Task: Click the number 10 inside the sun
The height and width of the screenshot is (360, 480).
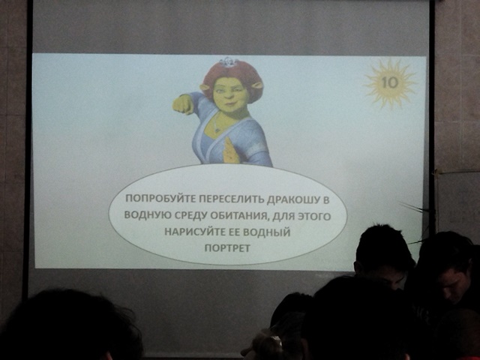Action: click(390, 82)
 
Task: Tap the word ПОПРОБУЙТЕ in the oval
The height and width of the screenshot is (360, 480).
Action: click(160, 198)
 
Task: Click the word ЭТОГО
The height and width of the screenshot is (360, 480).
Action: click(315, 217)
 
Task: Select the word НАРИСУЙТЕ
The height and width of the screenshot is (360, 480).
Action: click(195, 231)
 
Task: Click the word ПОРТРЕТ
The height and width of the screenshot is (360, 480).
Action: click(227, 247)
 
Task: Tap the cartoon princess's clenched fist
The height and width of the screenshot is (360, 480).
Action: click(183, 104)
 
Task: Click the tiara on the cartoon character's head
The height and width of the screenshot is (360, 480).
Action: click(228, 61)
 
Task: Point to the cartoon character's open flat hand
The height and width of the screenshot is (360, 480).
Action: click(231, 150)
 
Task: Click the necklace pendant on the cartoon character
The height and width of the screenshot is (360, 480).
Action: click(217, 130)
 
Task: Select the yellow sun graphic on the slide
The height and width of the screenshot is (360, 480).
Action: click(390, 83)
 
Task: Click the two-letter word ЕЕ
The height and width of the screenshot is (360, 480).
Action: click(234, 232)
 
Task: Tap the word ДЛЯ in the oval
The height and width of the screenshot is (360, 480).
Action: click(283, 217)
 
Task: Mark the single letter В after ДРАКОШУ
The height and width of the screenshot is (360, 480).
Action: click(325, 200)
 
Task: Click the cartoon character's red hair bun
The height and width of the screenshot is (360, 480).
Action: click(232, 75)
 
